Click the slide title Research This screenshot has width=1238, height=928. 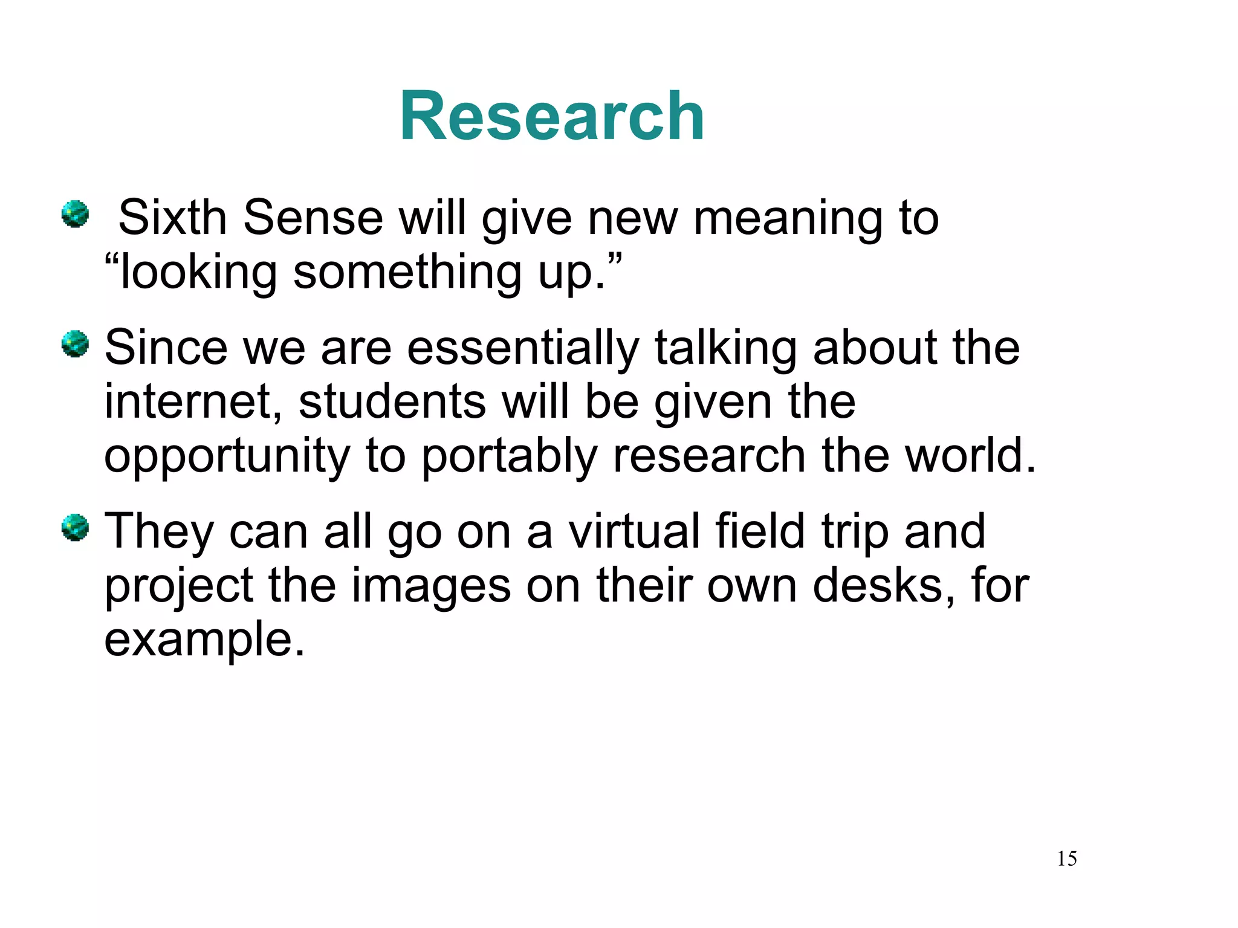[551, 116]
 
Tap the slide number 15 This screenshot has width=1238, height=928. [1066, 858]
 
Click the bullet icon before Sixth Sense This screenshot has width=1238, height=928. [76, 214]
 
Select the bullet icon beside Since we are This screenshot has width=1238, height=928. [76, 344]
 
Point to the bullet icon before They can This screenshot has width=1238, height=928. [76, 528]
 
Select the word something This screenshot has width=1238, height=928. [407, 273]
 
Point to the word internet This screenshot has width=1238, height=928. [187, 402]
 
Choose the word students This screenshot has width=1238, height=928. [392, 402]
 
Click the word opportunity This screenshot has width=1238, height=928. [227, 457]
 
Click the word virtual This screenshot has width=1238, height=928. [634, 531]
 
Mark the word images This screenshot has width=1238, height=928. [431, 586]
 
